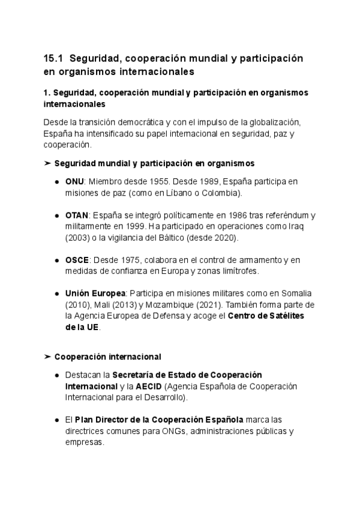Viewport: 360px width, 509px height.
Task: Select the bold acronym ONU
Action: point(74,181)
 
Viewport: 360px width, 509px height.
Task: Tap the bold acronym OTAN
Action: point(77,215)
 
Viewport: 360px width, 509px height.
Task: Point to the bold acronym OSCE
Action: point(77,259)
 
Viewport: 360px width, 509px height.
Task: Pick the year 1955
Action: point(152,181)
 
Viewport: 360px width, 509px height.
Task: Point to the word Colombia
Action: point(220,193)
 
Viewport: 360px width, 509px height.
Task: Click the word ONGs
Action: point(175,431)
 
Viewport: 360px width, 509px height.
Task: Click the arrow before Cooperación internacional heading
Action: point(47,357)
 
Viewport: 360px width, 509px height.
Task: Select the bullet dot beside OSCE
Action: point(56,259)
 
